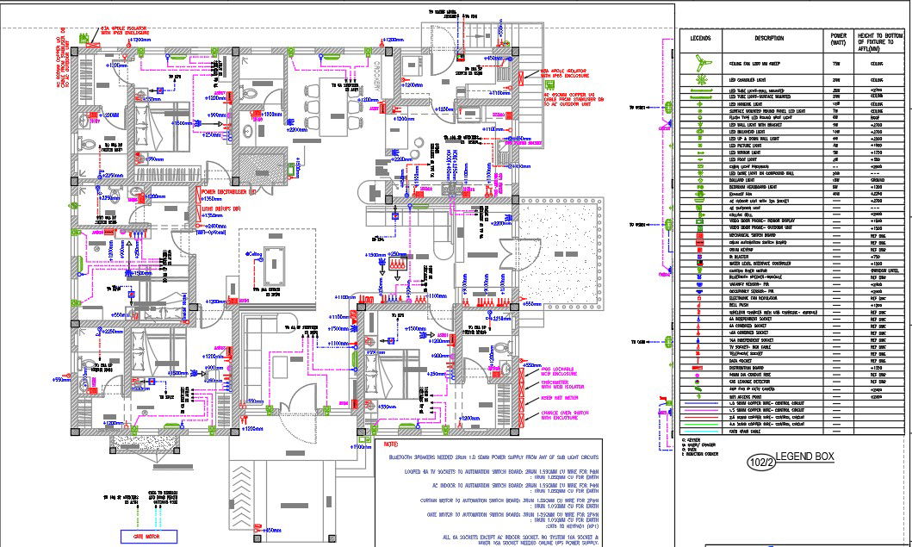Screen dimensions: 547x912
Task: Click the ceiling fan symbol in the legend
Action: coord(700,63)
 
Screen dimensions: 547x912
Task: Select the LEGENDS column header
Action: coord(700,39)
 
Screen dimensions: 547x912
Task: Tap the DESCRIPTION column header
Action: coord(769,39)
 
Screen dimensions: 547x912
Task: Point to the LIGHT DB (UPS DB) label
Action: coord(221,208)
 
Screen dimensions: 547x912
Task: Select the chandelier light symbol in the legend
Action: coord(700,79)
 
